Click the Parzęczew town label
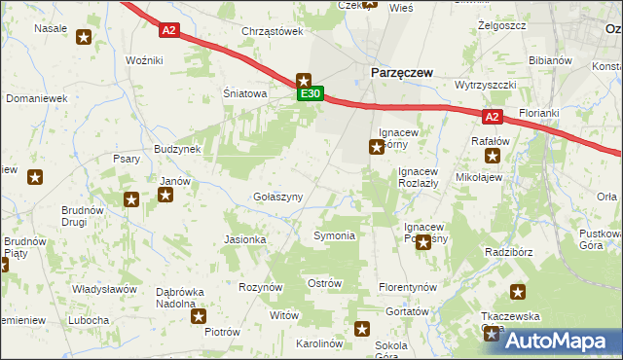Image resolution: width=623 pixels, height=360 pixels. pyautogui.click(x=399, y=72)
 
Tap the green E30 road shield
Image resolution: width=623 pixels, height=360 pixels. pyautogui.click(x=311, y=94)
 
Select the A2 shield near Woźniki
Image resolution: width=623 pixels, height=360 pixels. pyautogui.click(x=169, y=30)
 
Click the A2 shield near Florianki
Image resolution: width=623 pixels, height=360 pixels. pyautogui.click(x=492, y=117)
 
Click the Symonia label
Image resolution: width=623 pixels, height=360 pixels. pyautogui.click(x=334, y=235)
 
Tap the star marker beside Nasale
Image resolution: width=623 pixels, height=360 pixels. pyautogui.click(x=84, y=38)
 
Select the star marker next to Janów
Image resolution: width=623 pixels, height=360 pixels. pyautogui.click(x=165, y=195)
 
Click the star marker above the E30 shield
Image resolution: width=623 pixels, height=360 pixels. pyautogui.click(x=304, y=81)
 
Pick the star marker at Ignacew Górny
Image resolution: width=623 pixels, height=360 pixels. pyautogui.click(x=376, y=148)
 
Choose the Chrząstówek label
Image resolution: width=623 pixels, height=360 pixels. pyautogui.click(x=273, y=31)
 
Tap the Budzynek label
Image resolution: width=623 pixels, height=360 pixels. pyautogui.click(x=176, y=149)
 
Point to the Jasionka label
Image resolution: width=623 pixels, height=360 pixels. pyautogui.click(x=245, y=238)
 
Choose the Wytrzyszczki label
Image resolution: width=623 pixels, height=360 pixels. pyautogui.click(x=485, y=85)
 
